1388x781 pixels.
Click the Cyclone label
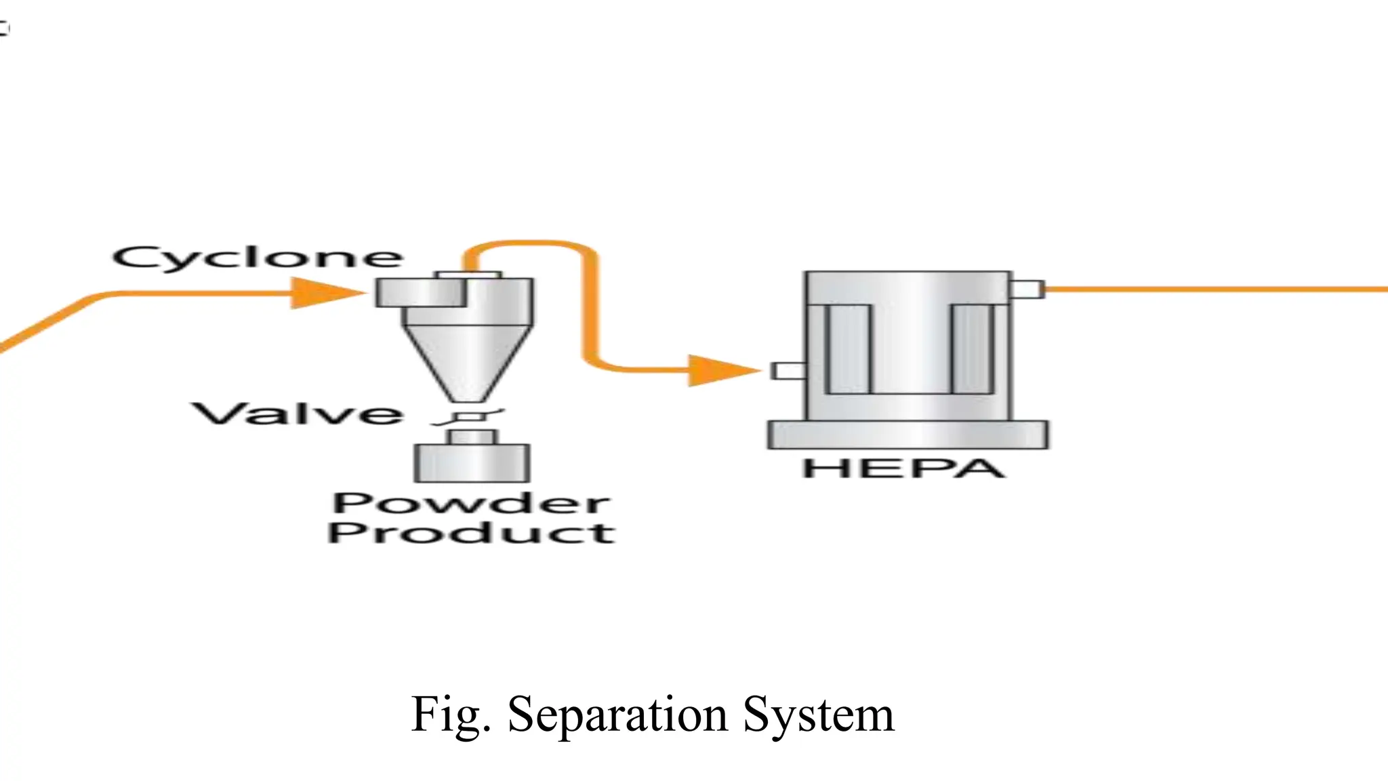258,258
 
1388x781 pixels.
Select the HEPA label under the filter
903,468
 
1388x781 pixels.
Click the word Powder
471,503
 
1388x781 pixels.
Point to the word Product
471,532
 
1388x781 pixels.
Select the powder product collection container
472,462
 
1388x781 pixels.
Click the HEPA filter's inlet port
788,371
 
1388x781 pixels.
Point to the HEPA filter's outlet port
1027,289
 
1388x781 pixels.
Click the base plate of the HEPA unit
907,435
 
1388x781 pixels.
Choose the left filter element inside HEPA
847,350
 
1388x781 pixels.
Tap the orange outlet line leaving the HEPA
1213,289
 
